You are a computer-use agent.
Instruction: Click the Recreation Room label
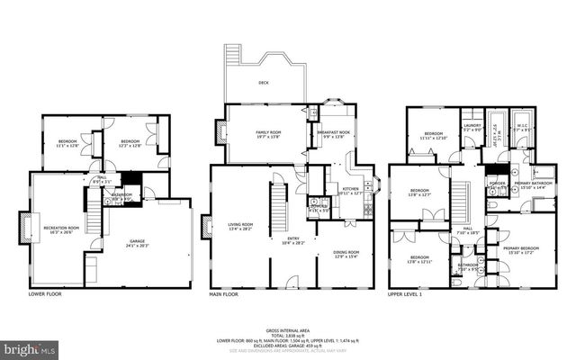(x=62, y=229)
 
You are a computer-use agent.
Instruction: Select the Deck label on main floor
(x=264, y=82)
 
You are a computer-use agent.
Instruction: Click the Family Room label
(x=269, y=133)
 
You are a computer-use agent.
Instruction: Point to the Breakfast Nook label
(x=333, y=133)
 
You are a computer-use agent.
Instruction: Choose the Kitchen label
(x=350, y=191)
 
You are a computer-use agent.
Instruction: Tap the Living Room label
(x=240, y=226)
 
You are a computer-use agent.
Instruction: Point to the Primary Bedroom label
(x=521, y=249)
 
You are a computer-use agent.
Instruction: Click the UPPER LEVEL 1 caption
(x=407, y=293)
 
